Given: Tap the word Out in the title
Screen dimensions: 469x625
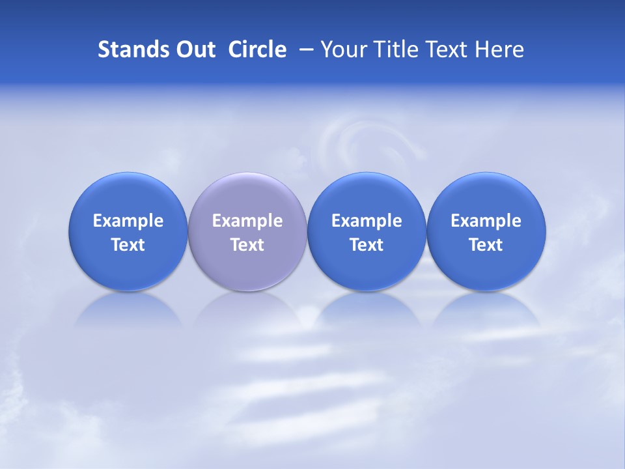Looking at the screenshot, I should coord(194,50).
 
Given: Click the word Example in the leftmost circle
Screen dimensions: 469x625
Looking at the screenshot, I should coord(128,221).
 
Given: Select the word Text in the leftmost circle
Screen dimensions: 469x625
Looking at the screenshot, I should coord(128,245).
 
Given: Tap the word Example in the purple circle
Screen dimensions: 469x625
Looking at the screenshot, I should coord(247,221).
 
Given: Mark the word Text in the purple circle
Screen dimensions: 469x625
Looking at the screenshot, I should coord(247,245).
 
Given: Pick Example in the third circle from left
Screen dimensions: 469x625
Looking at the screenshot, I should coord(367,221).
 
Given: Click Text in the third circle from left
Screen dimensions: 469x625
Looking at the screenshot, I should coord(367,245).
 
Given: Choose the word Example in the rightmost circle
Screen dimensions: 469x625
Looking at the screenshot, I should coord(486,221).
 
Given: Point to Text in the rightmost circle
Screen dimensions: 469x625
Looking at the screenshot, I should coord(486,245).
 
